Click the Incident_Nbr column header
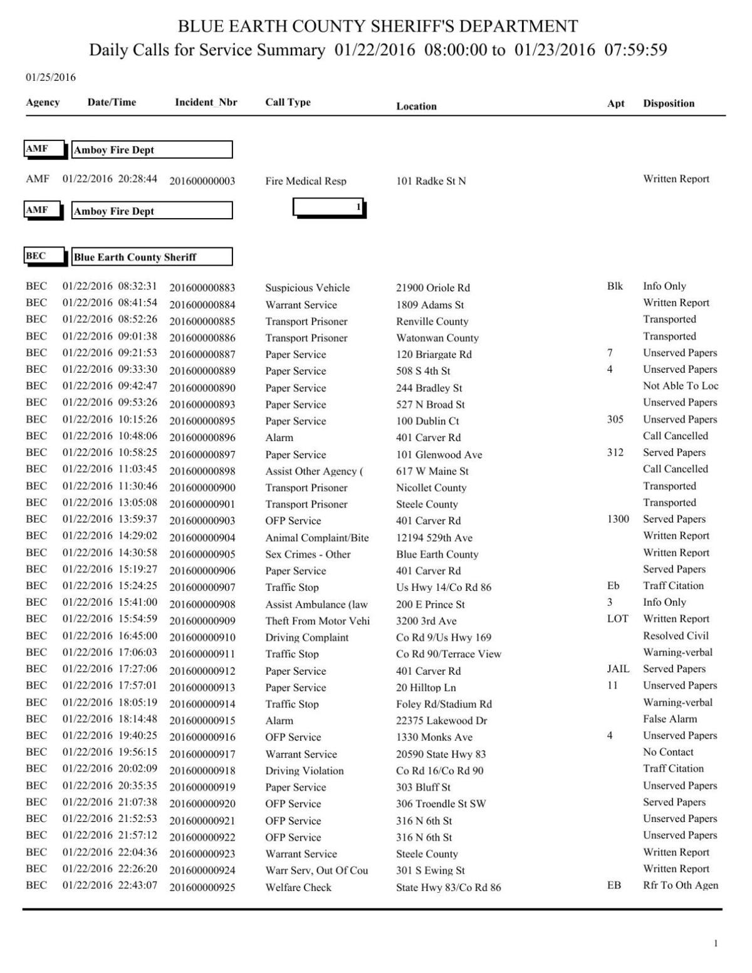pos(206,102)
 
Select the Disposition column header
pos(668,103)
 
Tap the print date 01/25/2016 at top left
pos(51,78)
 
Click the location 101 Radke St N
pos(431,181)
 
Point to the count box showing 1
pos(329,207)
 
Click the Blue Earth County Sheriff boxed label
pos(152,257)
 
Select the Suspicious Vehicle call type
pos(307,288)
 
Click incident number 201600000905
pos(202,554)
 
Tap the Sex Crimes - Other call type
pos(308,554)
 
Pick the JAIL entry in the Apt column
pos(618,669)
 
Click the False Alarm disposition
pos(669,719)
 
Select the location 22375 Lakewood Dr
pos(441,721)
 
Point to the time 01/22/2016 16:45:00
pos(110,636)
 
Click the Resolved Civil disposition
pos(676,636)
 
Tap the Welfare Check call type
pos(298,887)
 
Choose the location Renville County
pos(432,321)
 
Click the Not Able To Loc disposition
pos(680,386)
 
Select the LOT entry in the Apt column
pos(617,619)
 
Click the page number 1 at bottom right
pos(716,944)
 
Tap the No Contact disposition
pos(668,752)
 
